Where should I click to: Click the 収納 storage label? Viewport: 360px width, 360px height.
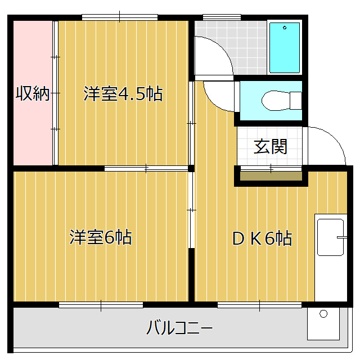tap(33, 93)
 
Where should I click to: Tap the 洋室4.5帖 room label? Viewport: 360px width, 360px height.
tap(123, 93)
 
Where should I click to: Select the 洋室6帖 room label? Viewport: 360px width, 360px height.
tap(101, 237)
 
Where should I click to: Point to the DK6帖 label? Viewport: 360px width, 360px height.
tap(262, 238)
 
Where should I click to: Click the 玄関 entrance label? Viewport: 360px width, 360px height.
tap(271, 147)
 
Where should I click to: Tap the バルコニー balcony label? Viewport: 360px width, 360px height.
tap(179, 327)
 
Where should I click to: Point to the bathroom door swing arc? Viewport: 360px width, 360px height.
tap(213, 54)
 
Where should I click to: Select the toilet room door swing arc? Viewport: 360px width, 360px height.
tap(221, 95)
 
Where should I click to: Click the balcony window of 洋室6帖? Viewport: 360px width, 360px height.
tap(101, 305)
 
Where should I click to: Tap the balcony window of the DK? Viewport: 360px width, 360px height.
tap(259, 305)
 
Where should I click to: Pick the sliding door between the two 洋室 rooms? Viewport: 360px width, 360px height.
tap(146, 168)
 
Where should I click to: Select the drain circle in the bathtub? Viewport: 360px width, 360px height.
tap(285, 27)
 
